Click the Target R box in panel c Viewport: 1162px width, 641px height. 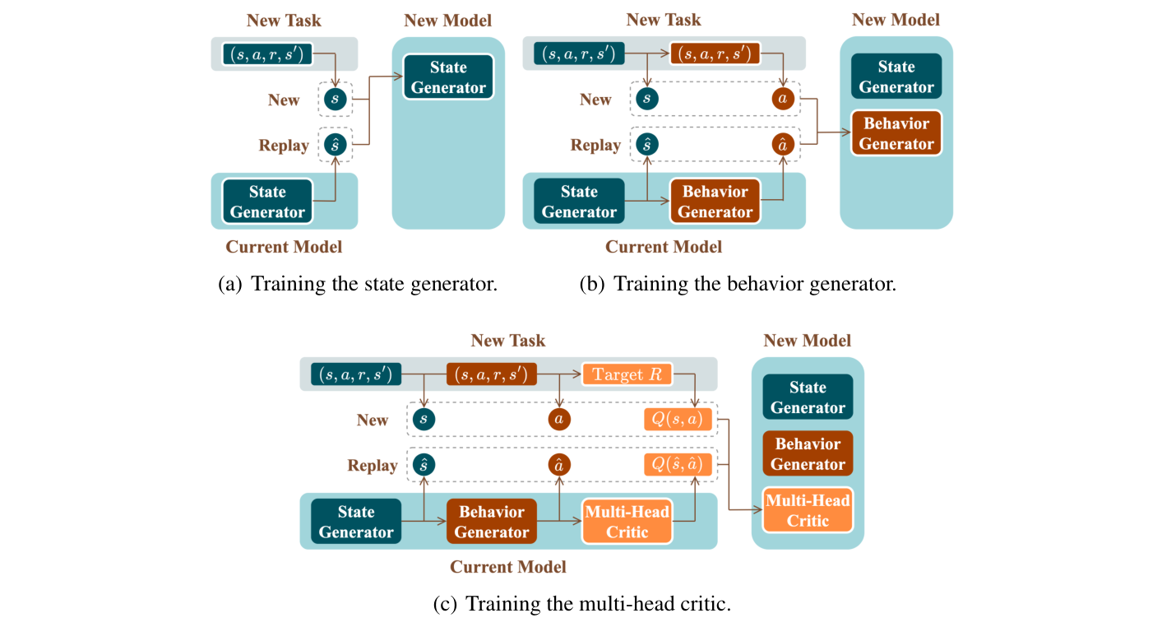click(627, 374)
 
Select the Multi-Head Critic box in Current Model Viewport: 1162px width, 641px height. click(627, 522)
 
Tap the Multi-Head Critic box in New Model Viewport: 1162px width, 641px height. click(808, 510)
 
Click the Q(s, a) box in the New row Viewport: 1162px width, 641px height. click(677, 420)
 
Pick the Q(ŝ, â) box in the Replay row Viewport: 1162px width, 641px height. click(677, 466)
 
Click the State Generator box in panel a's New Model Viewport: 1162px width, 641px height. click(448, 77)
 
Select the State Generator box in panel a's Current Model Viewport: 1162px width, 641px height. click(267, 202)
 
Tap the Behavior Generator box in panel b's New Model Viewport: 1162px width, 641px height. click(896, 133)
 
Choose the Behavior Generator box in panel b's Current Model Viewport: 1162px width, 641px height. click(715, 202)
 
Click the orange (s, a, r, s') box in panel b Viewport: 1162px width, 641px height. click(715, 54)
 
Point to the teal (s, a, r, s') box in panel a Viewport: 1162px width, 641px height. click(267, 54)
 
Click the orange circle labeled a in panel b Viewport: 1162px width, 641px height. click(783, 100)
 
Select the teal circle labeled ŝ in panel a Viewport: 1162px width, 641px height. click(335, 146)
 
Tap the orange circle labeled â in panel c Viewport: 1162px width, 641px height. click(559, 466)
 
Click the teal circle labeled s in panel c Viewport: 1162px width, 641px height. click(424, 420)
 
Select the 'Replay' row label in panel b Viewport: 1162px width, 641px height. click(595, 146)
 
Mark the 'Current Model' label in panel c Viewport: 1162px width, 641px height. click(507, 567)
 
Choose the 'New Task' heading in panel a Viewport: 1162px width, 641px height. click(284, 20)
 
